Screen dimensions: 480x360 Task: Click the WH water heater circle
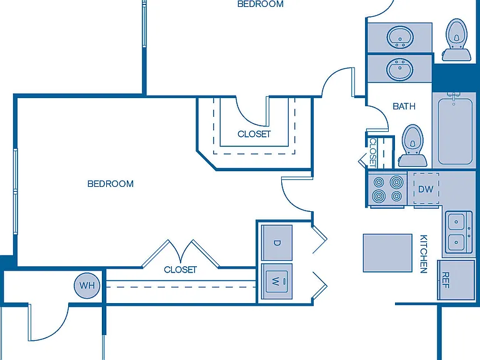coord(87,286)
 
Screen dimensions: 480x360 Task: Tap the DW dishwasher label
coord(426,189)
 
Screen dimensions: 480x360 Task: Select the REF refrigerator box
coord(456,280)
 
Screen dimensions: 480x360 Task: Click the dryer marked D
coord(277,242)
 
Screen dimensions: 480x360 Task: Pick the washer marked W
coord(277,281)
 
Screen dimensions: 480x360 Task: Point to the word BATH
coord(404,106)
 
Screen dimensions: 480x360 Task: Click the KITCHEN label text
coord(423,254)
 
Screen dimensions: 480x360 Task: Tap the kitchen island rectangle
coord(387,253)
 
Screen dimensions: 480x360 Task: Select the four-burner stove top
coord(387,189)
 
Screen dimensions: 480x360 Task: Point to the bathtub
coord(455,132)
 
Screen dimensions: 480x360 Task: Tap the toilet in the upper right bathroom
coord(456,40)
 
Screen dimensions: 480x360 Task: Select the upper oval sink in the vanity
coord(400,37)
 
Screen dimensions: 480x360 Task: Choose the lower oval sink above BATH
coord(400,69)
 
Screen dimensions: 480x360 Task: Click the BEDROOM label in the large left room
coord(111,184)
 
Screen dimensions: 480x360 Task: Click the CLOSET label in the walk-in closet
coord(254,134)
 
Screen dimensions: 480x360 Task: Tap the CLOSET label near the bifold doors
coord(180,270)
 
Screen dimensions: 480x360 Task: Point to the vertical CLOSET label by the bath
coord(373,152)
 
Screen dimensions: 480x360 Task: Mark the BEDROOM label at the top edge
coord(261,4)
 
